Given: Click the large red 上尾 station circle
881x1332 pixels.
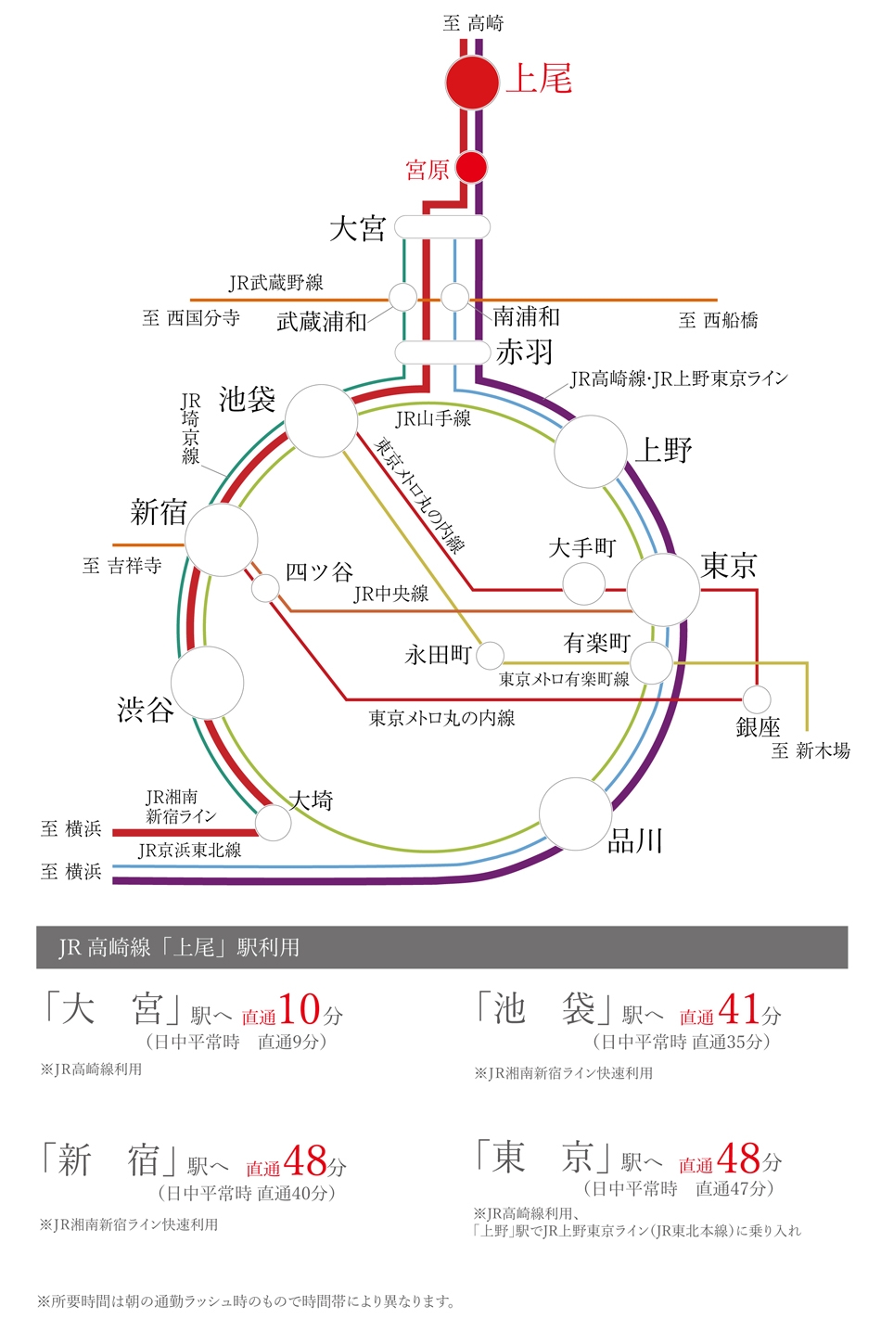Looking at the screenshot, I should pos(472,83).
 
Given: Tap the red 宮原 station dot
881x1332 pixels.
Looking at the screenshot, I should pos(472,168).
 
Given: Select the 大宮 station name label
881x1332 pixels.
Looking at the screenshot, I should pos(358,228).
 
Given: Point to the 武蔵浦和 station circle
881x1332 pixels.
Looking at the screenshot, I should pos(402,297).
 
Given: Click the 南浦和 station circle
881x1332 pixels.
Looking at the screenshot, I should pos(454,297).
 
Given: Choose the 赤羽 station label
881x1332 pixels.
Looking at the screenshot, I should pos(525,352).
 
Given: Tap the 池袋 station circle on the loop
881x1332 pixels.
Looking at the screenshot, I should pos(321,421).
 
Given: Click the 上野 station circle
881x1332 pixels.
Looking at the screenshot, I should pos(591,452).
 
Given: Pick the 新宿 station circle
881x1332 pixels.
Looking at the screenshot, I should pos(222,540).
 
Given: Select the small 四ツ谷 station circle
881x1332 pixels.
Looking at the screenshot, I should pos(265,588).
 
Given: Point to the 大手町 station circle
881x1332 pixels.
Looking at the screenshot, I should pos(584,584).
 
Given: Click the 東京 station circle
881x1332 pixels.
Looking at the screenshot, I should pos(662,589).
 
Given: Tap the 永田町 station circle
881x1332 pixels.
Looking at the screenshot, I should pos(490,656).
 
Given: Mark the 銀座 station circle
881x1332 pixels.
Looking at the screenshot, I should pos(757,699).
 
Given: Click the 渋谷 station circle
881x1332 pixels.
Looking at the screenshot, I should pos(208,683).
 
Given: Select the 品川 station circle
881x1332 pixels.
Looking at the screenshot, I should pos(575,813).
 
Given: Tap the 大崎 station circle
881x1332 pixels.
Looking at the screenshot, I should pos(273,823).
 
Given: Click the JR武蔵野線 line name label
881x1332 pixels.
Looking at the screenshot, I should pos(276,283).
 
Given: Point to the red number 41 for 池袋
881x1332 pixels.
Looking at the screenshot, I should pos(739,1009).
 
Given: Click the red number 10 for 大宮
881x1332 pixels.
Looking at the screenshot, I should pos(300,1009).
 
